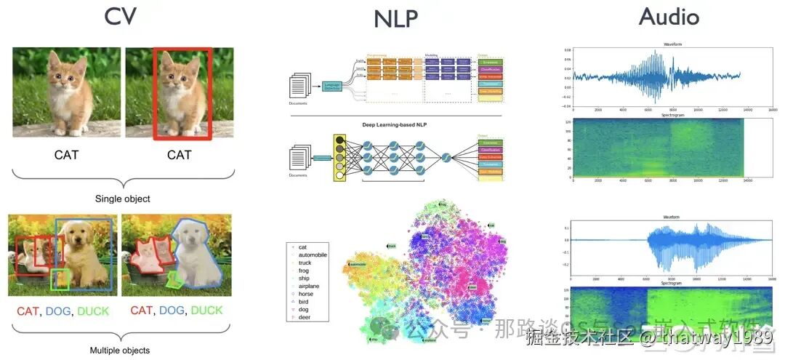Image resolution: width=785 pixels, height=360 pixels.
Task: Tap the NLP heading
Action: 396,19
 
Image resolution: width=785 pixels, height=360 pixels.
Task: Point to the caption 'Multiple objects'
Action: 119,351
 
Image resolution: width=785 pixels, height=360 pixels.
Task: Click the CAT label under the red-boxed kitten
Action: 179,155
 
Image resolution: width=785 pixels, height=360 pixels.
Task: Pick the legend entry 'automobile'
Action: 313,256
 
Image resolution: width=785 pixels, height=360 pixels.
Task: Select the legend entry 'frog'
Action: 304,271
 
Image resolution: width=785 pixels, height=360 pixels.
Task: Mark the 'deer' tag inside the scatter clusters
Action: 472,287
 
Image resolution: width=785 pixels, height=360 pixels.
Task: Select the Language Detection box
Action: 332,87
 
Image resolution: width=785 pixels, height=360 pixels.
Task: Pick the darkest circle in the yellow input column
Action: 339,140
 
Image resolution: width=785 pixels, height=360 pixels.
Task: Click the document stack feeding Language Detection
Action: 299,87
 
